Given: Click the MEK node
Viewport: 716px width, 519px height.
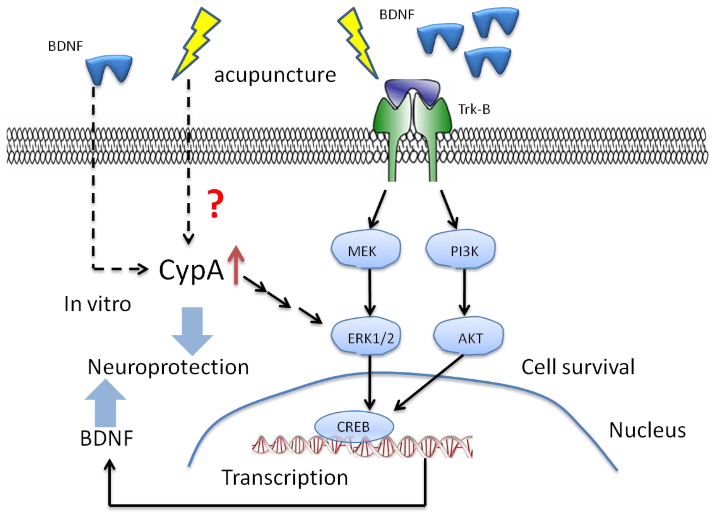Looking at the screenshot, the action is click(x=366, y=249).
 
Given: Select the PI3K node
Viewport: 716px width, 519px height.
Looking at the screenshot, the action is click(x=461, y=249).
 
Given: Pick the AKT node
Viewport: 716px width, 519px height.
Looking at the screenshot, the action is click(x=468, y=336).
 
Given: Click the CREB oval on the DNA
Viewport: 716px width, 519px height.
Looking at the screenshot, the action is click(x=354, y=427).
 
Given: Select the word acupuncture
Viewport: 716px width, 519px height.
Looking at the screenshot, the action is click(x=275, y=75).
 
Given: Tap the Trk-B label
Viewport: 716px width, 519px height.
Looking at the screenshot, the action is click(x=474, y=109).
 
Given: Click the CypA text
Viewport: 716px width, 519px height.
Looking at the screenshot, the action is click(x=191, y=270).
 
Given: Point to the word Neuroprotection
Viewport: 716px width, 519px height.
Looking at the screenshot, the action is click(x=168, y=367).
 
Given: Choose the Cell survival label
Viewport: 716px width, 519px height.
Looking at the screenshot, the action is click(x=578, y=367).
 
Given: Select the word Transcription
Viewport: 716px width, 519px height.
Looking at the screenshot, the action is click(x=285, y=478).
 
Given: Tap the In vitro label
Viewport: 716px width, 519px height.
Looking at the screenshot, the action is click(x=98, y=304).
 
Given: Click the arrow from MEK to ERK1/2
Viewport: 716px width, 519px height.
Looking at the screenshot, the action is click(x=370, y=292).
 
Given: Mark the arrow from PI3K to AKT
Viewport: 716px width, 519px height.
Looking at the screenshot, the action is click(x=464, y=292).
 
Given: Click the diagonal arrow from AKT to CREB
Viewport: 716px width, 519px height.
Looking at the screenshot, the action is click(x=429, y=383).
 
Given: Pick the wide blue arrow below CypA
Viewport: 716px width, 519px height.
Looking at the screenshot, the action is click(x=192, y=331).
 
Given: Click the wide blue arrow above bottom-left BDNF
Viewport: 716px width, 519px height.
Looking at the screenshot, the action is click(x=105, y=403).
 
